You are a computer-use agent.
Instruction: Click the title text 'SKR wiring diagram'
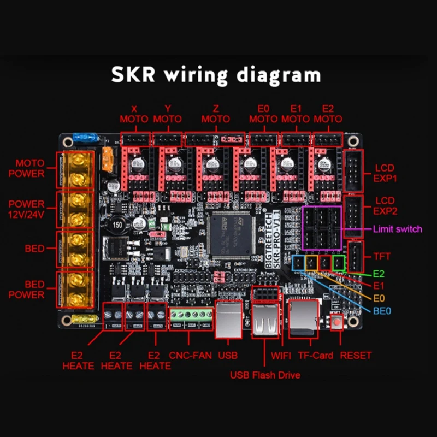point(216,75)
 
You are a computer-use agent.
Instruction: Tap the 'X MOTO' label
point(134,114)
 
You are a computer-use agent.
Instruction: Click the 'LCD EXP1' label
point(385,173)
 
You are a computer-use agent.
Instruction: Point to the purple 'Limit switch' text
point(397,229)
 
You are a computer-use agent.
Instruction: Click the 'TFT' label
point(383,255)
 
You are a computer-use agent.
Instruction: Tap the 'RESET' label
point(356,355)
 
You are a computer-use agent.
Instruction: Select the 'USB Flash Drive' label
point(265,375)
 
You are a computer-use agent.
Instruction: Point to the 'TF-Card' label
point(316,355)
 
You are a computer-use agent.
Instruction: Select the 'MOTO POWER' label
point(29,168)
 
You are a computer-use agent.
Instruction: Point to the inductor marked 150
point(116,226)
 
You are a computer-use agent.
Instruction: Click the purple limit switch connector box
point(321,228)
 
